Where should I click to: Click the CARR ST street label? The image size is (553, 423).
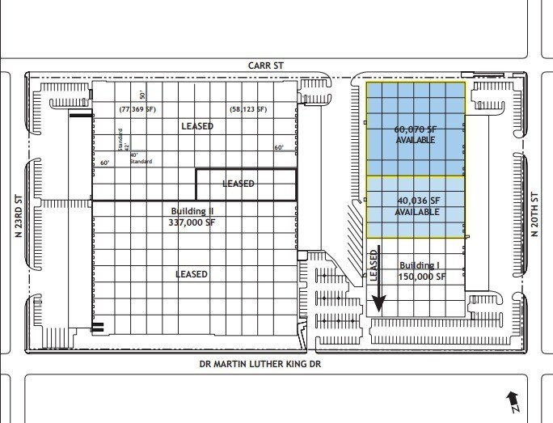(266, 64)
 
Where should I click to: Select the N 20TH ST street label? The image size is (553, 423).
(534, 214)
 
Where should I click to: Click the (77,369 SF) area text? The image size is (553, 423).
(137, 108)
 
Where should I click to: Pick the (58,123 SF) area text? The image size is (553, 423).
(247, 108)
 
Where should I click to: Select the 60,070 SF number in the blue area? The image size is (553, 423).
(416, 129)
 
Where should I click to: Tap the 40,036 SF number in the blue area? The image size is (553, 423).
(417, 201)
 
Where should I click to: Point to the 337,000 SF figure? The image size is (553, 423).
(192, 222)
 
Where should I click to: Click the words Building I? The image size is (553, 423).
(420, 265)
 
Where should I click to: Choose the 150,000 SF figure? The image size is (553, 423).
(421, 276)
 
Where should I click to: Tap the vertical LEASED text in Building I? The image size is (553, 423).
(374, 264)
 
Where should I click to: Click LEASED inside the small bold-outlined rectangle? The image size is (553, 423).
(239, 184)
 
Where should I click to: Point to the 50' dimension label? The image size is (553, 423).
(141, 95)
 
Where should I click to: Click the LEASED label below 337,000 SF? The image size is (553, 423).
(192, 274)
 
